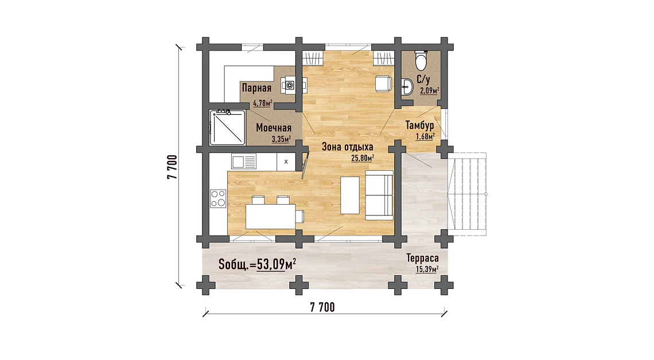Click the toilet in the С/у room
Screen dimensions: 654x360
click(421, 61)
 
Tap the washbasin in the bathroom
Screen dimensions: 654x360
click(407, 87)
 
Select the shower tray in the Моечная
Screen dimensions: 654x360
click(227, 127)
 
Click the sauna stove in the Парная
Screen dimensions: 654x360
click(290, 85)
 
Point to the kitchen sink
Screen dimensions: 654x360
click(244, 161)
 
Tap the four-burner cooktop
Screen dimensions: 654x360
click(218, 198)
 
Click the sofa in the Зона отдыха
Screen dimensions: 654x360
click(379, 195)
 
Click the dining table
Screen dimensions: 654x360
click(271, 217)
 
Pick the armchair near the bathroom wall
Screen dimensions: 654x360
click(383, 83)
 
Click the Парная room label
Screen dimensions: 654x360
click(256, 88)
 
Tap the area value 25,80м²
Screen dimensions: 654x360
click(363, 158)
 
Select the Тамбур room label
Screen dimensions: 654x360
click(419, 125)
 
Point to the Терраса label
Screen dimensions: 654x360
click(422, 259)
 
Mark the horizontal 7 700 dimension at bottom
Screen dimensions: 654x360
click(322, 307)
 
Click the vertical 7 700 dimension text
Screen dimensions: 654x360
click(172, 167)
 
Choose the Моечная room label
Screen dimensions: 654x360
click(274, 127)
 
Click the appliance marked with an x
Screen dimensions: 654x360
click(286, 162)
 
